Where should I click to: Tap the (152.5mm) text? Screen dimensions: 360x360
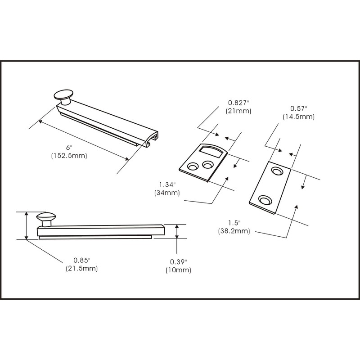pos(69,156)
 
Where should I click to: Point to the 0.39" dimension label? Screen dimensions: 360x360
pos(178,262)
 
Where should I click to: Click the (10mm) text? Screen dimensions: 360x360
pos(178,270)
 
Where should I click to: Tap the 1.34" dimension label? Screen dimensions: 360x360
pos(167,184)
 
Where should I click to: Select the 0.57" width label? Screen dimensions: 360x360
pos(298,108)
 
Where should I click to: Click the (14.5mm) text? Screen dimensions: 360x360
pos(298,117)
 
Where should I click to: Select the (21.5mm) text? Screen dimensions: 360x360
pos(81,268)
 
